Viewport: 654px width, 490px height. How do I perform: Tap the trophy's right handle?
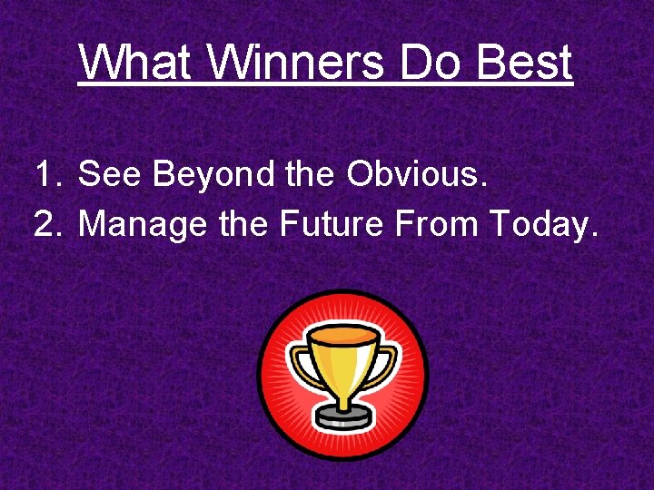point(389,362)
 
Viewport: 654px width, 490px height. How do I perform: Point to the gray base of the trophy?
point(342,419)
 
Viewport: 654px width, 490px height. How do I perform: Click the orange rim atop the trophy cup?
point(342,336)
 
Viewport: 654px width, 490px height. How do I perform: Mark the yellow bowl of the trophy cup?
point(342,367)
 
